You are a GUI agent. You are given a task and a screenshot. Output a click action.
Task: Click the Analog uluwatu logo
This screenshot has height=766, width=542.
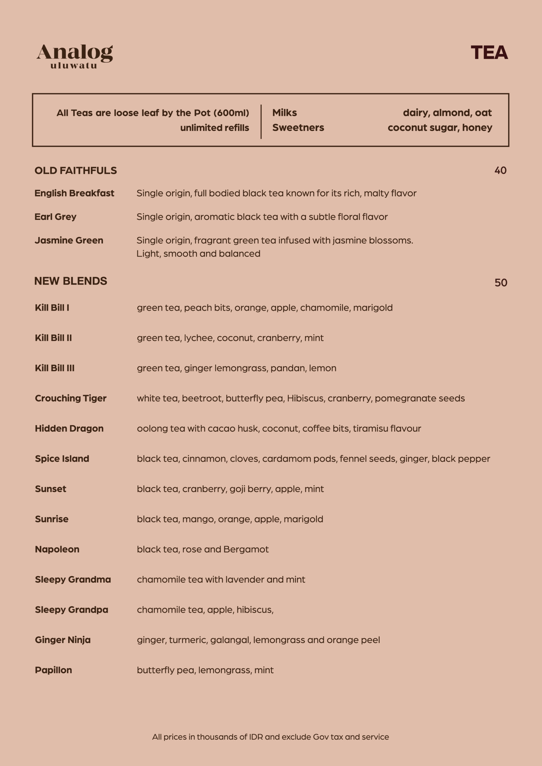coord(75,56)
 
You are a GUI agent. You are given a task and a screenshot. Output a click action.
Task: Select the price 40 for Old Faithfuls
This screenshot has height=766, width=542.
coord(500,171)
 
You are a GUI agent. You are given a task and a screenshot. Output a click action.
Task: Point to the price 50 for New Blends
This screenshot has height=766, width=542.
coord(501,282)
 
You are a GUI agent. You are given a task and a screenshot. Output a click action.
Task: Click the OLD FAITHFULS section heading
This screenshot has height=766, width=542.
coord(76,171)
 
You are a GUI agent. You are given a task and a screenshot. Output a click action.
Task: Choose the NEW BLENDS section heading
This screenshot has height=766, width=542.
coord(71,281)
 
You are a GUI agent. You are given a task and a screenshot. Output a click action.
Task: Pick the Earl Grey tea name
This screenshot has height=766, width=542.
coord(55,217)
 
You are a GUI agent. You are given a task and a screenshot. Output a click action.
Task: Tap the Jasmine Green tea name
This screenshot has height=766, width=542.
coord(69,240)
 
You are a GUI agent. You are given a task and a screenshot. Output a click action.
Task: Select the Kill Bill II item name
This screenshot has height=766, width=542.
coord(53,338)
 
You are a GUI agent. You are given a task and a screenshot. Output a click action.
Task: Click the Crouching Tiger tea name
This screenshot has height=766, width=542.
coord(71,398)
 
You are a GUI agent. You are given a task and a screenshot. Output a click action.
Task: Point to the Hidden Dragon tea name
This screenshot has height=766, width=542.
coord(69,428)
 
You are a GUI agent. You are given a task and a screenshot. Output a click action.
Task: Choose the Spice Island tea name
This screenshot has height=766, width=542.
coord(62,459)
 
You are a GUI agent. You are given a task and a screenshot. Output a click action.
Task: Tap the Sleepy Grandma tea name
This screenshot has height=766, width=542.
coord(73,580)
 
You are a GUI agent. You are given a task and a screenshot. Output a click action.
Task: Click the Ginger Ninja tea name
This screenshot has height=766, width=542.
coord(63,640)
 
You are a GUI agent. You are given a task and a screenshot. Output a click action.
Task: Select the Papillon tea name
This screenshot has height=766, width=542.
coord(53,670)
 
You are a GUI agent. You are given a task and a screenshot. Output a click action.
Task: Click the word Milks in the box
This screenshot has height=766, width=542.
coord(284,113)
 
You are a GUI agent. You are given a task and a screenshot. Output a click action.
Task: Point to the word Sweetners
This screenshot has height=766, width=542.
coord(298,127)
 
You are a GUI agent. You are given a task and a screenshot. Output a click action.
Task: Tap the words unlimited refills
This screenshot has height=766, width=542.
coord(214,128)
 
